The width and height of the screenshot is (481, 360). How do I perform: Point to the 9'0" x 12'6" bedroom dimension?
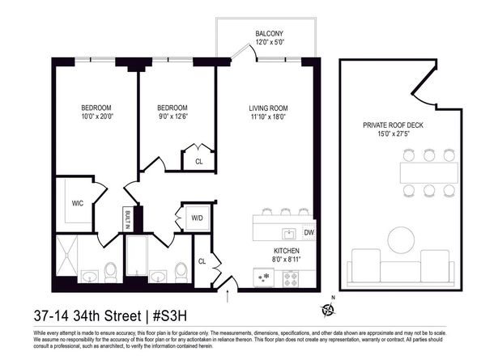172,117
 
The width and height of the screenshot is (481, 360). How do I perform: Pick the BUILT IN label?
127,220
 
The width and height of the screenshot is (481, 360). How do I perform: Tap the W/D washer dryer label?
196,217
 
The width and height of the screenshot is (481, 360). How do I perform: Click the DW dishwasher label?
309,233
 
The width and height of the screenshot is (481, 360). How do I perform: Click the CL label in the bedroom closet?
199,161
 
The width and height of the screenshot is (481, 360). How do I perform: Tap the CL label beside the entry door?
202,261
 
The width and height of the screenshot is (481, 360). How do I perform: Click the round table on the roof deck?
402,240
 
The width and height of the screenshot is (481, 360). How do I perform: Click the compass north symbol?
328,308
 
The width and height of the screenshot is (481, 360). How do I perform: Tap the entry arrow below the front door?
228,299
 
